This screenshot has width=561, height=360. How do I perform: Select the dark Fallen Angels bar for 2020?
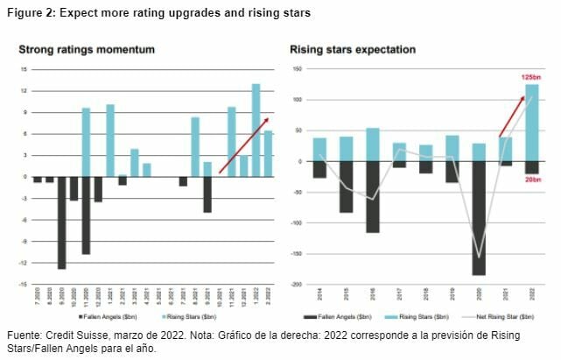point(478,218)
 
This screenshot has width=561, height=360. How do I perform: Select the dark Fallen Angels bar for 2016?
point(373,197)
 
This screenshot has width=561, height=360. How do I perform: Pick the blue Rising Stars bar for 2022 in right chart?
point(531,123)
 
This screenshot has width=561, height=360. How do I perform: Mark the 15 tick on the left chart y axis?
point(23,69)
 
